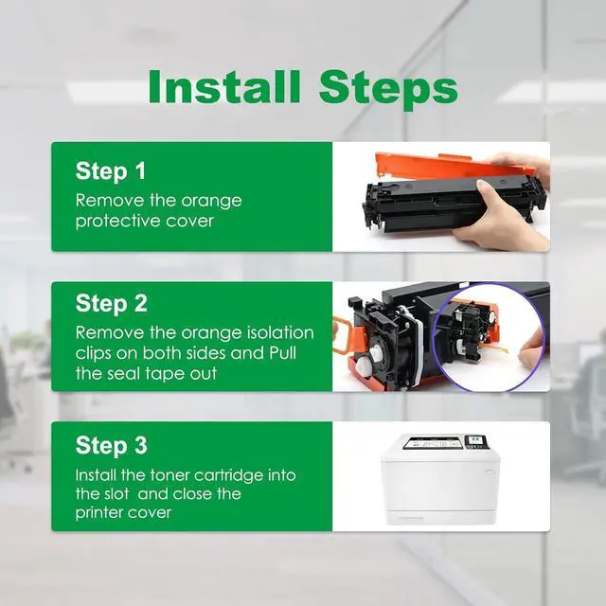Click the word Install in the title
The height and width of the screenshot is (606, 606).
[224, 86]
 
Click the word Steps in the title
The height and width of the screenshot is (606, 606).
[388, 91]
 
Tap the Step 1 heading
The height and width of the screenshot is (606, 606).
[111, 170]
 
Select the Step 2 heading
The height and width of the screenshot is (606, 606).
[112, 303]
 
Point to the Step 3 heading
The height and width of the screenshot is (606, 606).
[112, 445]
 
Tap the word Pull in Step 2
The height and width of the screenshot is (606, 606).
[282, 353]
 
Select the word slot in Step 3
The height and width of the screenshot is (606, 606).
[116, 493]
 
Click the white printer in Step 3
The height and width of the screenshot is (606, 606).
[440, 479]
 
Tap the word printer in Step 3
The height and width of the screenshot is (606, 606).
[99, 513]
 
